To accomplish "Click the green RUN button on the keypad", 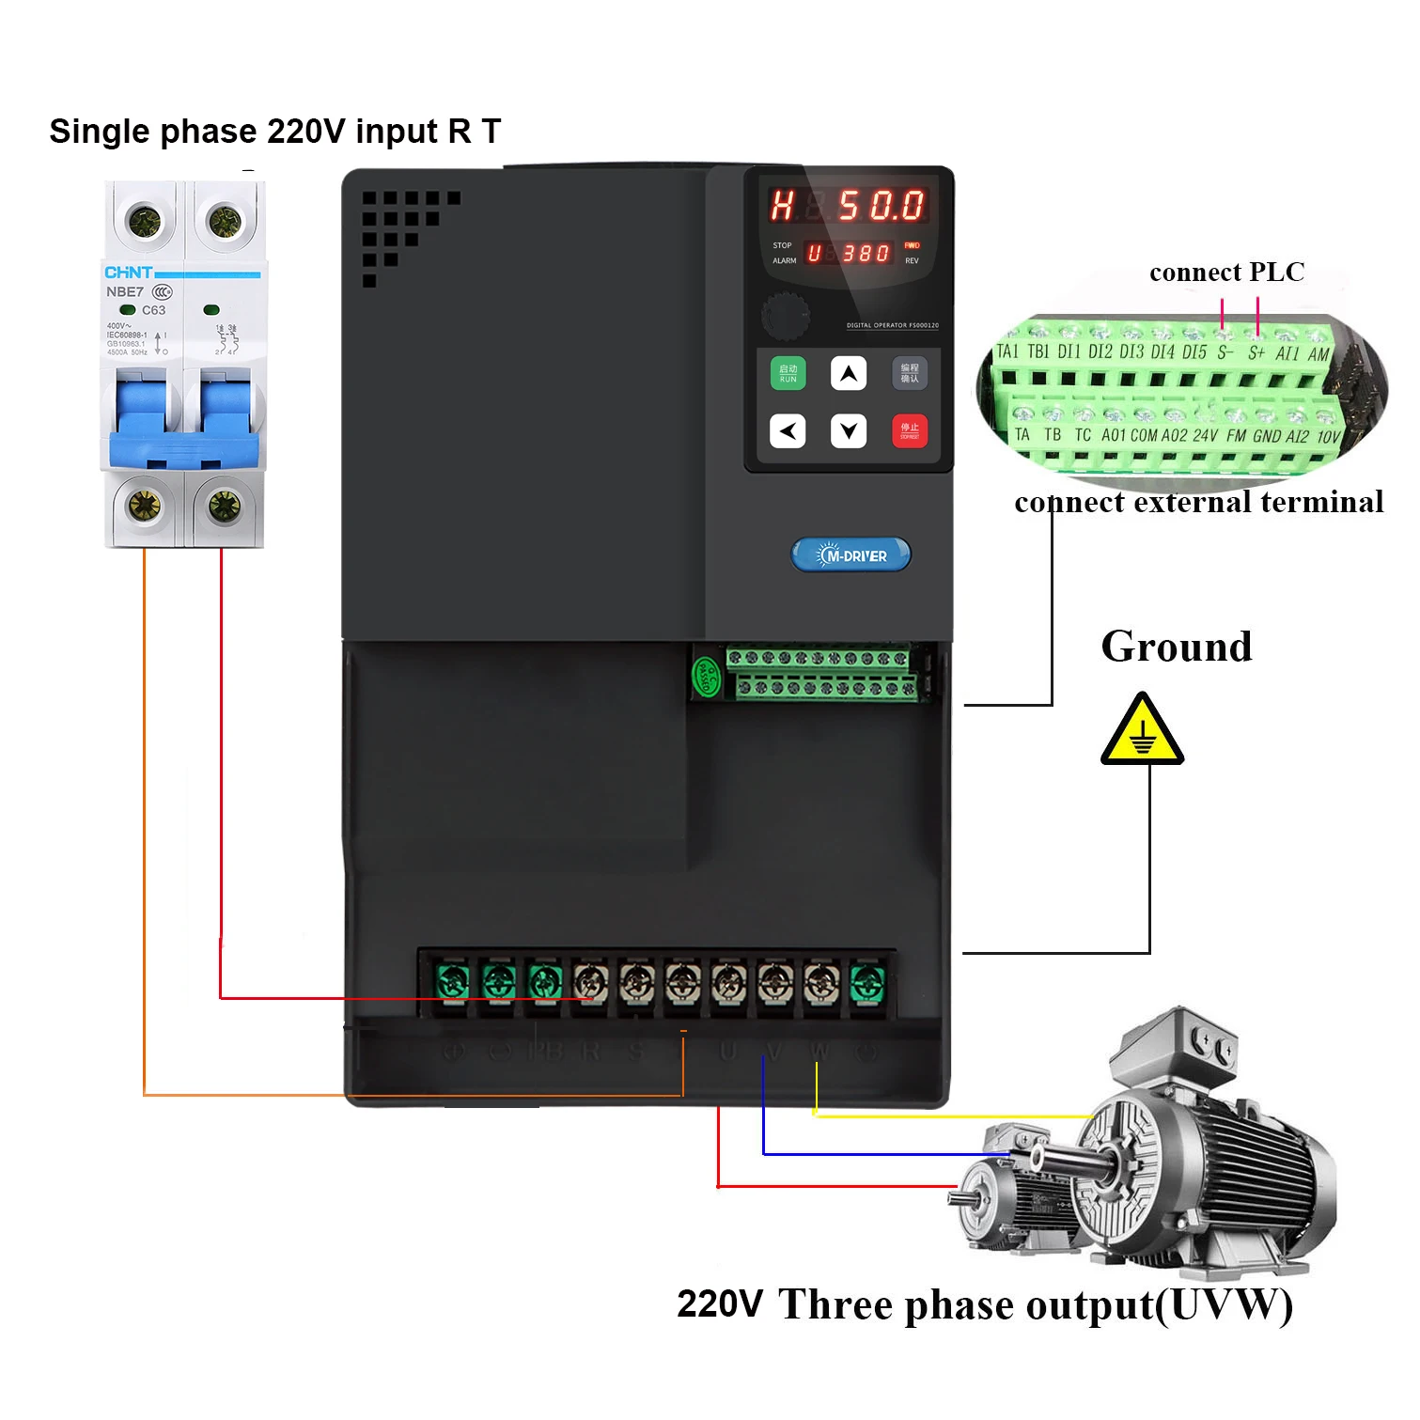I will coord(788,373).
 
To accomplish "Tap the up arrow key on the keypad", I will coord(848,373).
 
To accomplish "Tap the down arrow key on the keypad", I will coord(848,431).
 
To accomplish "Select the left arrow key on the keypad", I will coord(788,431).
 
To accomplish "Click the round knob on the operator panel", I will coord(785,314).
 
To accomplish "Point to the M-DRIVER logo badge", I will coord(851,555).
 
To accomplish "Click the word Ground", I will coord(1176,647).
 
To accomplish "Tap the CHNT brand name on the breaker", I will coord(128,273).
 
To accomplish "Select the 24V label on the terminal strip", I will coord(1205,436).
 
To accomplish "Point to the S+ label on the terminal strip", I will coord(1256,353).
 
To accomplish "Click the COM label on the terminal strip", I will coord(1144,436).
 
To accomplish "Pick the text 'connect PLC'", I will coord(1226,273).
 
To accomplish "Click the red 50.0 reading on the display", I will coord(881,205).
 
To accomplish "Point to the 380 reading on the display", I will coord(866,254).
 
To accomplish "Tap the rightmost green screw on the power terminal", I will coord(866,983).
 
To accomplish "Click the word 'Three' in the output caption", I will coord(835,1305).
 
